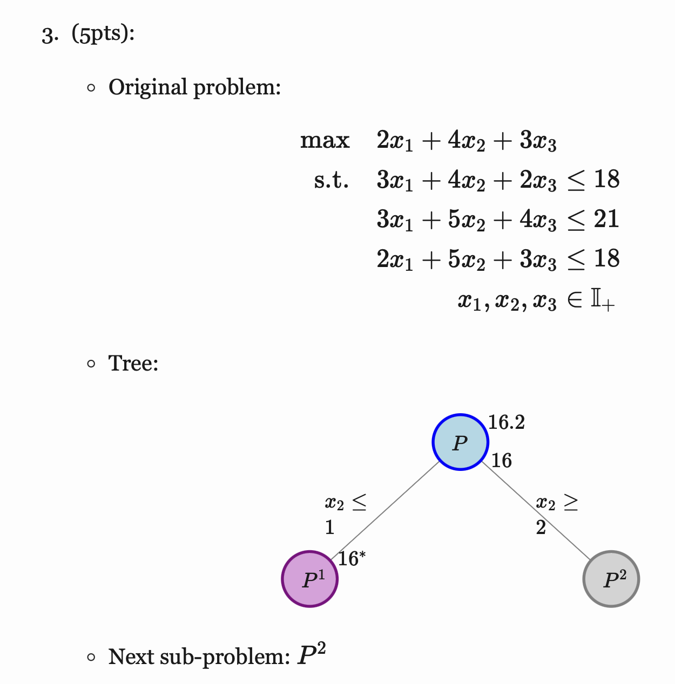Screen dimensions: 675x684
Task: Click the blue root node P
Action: (460, 442)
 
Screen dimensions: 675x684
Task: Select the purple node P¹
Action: (310, 579)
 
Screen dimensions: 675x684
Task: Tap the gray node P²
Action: (611, 579)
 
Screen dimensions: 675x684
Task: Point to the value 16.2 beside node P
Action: (507, 422)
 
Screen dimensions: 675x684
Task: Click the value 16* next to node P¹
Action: (352, 559)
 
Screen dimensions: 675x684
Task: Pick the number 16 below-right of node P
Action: (502, 461)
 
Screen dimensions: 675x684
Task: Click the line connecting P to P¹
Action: (386, 510)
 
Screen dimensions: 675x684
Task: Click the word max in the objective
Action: (325, 140)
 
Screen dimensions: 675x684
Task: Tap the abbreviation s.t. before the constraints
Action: (331, 180)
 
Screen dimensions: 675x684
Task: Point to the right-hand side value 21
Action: (606, 219)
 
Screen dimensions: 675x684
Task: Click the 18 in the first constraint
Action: (606, 180)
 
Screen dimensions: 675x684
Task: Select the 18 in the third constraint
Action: (606, 259)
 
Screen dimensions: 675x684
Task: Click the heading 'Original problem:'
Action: (194, 87)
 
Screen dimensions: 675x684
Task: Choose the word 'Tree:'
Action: (133, 363)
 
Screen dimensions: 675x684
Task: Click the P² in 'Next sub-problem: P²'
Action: (312, 655)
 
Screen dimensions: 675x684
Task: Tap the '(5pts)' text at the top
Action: (103, 35)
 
